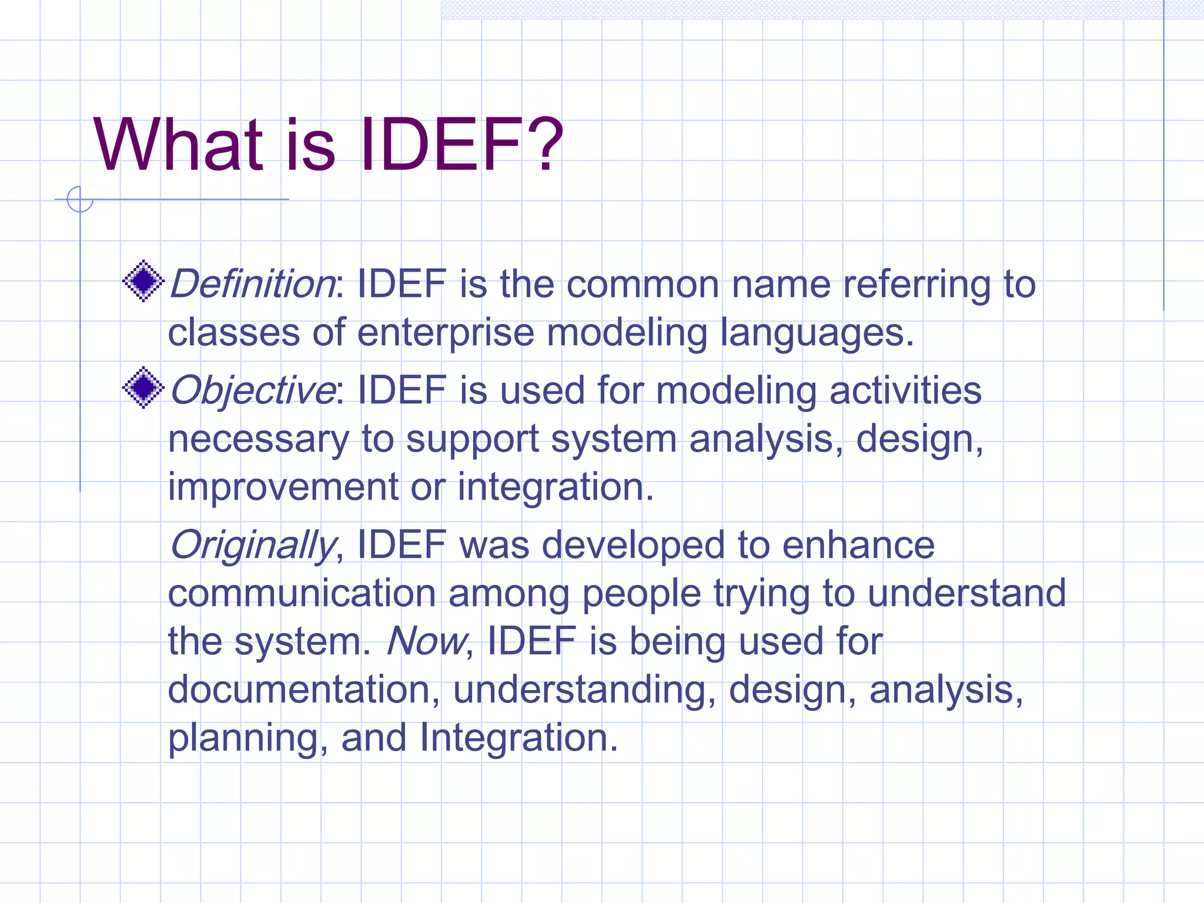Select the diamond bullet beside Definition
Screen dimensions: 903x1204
(143, 281)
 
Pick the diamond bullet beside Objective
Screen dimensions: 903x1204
(143, 387)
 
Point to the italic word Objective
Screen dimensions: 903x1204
(252, 392)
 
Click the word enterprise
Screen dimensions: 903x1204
(445, 333)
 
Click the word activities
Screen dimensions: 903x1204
(905, 391)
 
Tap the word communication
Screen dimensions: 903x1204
(302, 593)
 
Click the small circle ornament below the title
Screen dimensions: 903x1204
(80, 199)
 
